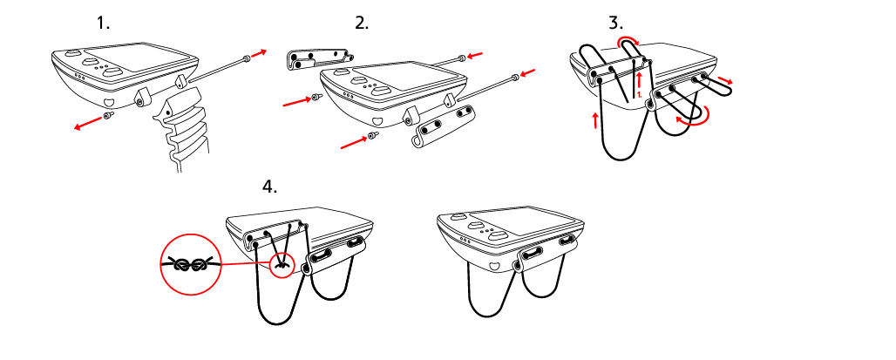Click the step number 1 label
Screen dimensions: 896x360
[103, 24]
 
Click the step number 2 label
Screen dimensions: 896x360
[362, 24]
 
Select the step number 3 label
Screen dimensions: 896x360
[616, 24]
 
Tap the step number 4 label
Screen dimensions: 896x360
[269, 187]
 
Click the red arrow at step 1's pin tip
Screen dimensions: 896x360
[259, 53]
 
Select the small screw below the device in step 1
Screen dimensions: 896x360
[107, 116]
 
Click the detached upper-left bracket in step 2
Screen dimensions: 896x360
[318, 59]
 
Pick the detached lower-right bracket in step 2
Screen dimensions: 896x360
[443, 126]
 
